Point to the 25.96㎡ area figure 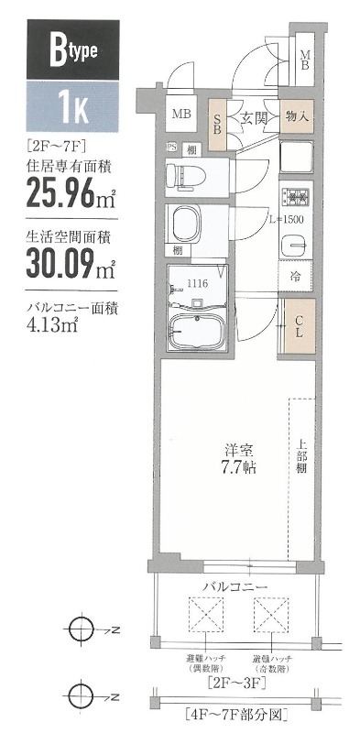60,193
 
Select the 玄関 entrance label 254,117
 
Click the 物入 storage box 296,117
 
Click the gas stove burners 298,195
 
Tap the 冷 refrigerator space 297,276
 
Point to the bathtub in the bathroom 199,330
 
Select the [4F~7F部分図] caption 235,712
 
